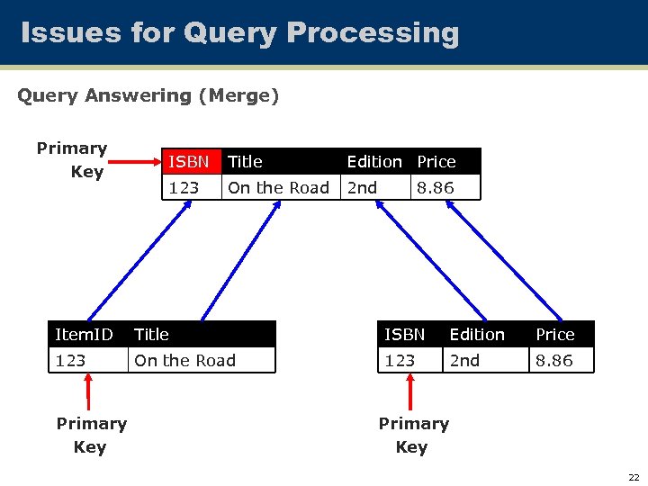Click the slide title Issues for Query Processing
coord(239,33)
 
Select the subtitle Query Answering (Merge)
coord(148,95)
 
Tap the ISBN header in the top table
coord(189,162)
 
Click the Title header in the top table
coord(245,162)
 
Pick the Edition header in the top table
coord(374,162)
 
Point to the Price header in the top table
coord(436,162)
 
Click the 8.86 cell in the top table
coord(436,187)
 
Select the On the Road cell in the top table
coord(278,187)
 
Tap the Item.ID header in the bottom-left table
coord(84,335)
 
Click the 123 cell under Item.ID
coord(70,361)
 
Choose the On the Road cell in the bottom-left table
coord(184,361)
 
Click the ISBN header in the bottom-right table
coord(405,335)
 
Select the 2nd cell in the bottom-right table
coord(465,361)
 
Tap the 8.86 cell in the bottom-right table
coord(554,361)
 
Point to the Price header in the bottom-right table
coord(555,335)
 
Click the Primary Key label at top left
coord(72,159)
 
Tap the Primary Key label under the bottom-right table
coord(413,435)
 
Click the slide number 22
coord(634,477)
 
